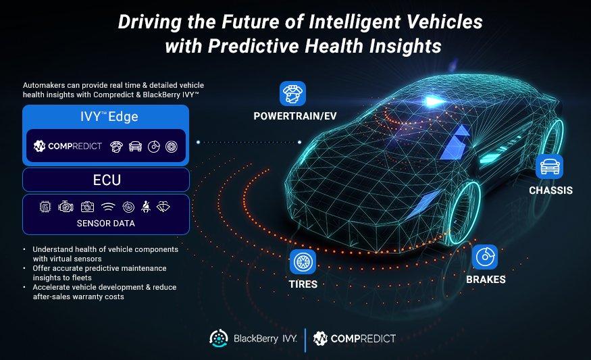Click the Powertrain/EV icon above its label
pos(292,93)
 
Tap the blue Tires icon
pos(303,261)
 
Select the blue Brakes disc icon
pos(485,257)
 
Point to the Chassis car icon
pos(549,166)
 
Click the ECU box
pos(106,180)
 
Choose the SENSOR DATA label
pos(106,223)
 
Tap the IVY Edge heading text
pos(109,116)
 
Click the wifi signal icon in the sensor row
pos(108,207)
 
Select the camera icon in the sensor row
pos(87,207)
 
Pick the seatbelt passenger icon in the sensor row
pos(145,207)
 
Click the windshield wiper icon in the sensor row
pos(163,207)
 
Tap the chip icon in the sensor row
pos(45,207)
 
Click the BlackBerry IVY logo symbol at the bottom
pos(219,338)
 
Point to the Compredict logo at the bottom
pos(355,338)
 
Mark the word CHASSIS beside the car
pos(550,190)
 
